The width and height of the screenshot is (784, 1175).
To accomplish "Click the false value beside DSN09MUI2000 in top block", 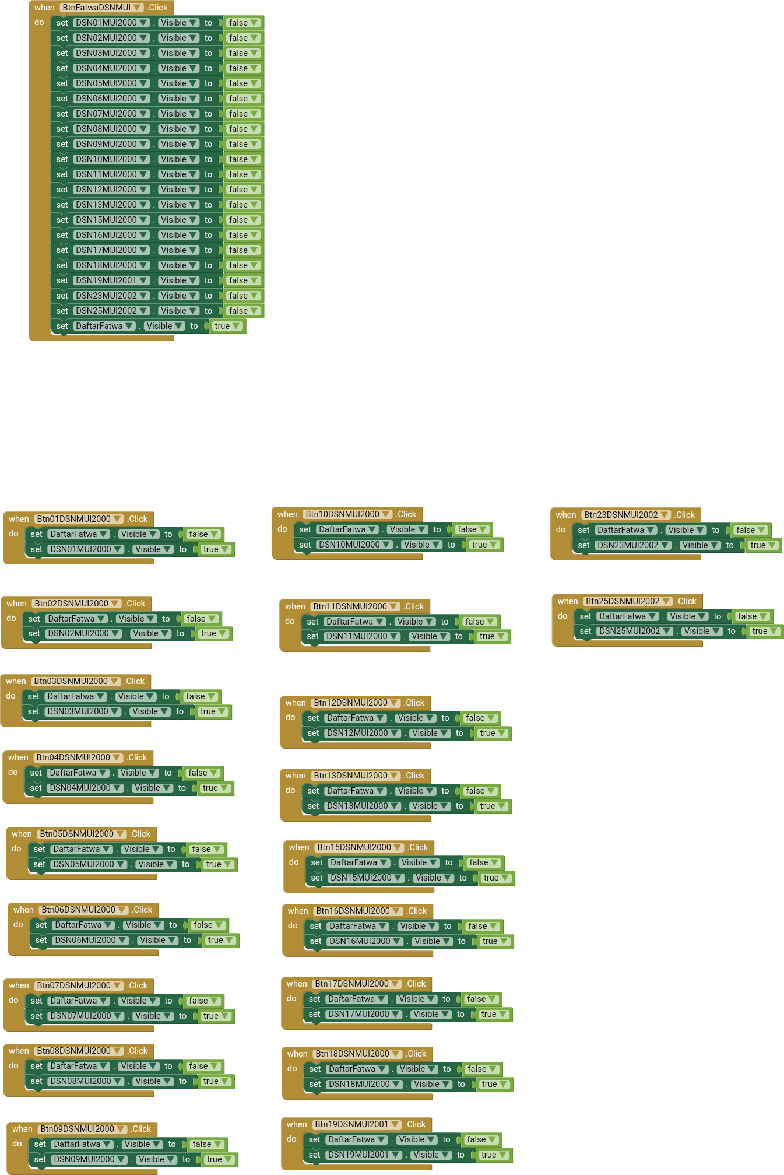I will tap(243, 144).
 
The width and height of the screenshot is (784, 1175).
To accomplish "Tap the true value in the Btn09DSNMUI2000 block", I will tap(219, 1159).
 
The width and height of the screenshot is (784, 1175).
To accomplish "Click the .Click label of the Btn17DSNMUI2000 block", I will tap(416, 984).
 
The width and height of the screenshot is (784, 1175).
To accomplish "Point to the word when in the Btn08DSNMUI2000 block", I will tap(19, 1051).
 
